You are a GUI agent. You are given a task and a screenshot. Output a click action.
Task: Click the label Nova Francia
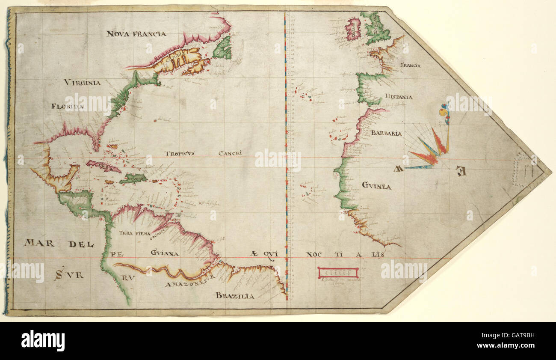[136, 33]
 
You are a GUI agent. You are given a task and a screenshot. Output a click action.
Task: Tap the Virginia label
[83, 82]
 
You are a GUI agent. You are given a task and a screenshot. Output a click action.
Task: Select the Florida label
[68, 106]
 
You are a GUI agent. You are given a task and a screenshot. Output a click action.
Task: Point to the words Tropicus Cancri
[204, 153]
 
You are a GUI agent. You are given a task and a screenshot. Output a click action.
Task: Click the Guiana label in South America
[165, 253]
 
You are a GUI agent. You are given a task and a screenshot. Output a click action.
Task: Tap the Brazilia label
[235, 295]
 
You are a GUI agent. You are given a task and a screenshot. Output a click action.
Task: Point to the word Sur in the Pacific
[68, 275]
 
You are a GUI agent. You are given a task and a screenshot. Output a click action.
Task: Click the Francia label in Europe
[410, 65]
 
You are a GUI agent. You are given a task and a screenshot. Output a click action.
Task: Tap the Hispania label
[398, 97]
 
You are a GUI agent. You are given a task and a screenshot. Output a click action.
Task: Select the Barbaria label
[386, 133]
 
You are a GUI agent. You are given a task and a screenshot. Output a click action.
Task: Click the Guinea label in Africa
[376, 186]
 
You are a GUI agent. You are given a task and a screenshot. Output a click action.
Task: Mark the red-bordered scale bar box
[338, 273]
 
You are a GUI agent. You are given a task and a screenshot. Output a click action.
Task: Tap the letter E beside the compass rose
[460, 171]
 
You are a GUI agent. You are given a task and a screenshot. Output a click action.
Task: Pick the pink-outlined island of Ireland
[353, 29]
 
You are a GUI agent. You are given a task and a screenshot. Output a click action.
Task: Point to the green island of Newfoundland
[222, 48]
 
